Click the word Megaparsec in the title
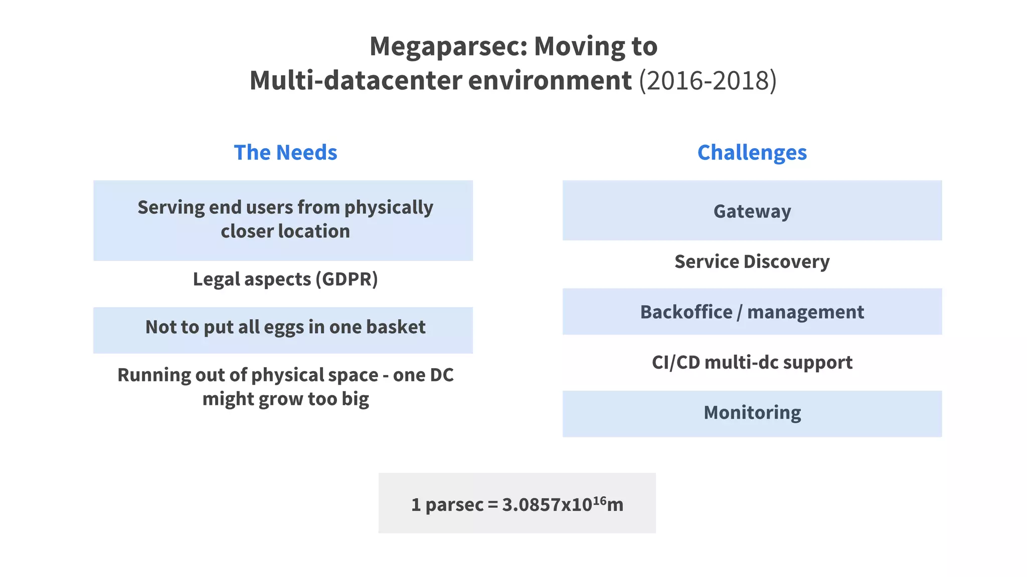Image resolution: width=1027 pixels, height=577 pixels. (448, 47)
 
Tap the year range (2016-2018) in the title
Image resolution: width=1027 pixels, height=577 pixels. (708, 81)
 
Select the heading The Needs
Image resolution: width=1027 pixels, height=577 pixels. (285, 152)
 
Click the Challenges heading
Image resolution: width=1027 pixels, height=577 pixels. (752, 152)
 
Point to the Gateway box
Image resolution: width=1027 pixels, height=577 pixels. (752, 211)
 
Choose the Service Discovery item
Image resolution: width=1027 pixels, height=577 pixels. (752, 261)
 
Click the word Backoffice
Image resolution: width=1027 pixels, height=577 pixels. (686, 312)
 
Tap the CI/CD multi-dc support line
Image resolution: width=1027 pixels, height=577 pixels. (752, 362)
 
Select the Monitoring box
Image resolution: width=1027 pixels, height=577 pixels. (752, 413)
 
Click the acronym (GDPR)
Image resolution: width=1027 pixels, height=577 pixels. (347, 279)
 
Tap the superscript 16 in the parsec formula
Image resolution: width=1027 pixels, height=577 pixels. (599, 499)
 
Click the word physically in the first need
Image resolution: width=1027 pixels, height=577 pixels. (389, 208)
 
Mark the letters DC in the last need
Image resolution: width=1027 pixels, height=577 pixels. (441, 375)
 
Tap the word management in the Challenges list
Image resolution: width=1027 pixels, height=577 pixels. (805, 312)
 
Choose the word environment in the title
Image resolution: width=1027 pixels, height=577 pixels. (550, 81)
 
